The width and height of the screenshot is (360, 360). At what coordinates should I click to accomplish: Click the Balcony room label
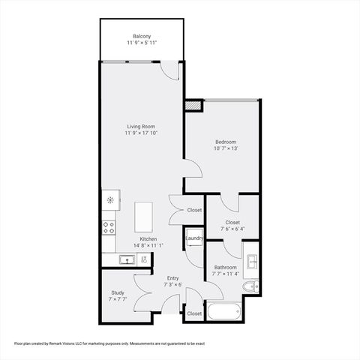point(142,37)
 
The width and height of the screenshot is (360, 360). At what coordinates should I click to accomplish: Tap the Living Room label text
point(142,127)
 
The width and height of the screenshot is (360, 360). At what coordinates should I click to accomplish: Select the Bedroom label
point(226,142)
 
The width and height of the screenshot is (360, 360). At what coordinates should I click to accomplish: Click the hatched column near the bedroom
point(194,106)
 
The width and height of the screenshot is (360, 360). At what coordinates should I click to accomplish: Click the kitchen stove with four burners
point(109,226)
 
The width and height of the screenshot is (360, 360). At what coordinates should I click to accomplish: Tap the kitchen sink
point(127,259)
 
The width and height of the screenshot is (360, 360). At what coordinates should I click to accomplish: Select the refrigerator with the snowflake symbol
point(109,199)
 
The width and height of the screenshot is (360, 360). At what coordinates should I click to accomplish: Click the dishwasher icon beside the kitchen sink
point(144,259)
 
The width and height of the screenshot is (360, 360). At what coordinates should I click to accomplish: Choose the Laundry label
point(195,238)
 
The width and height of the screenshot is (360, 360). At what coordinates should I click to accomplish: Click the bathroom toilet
point(253,286)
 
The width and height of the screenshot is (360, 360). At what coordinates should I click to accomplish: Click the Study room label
point(118,292)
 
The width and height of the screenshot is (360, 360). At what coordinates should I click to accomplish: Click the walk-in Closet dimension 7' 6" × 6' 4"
point(232,229)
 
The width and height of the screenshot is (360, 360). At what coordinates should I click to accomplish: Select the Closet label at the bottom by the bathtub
point(194,313)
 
